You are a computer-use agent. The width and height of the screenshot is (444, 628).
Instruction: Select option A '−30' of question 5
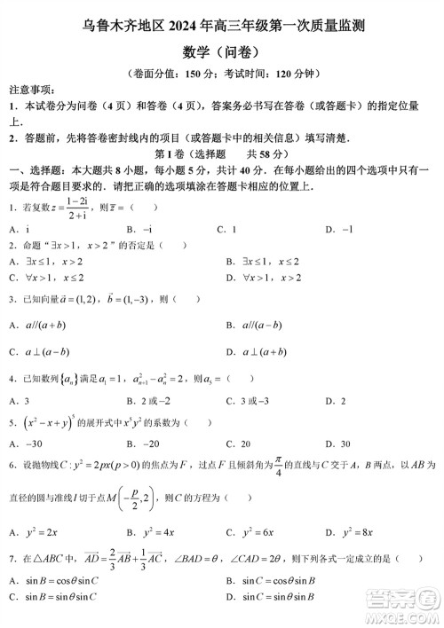pyautogui.click(x=26, y=444)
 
